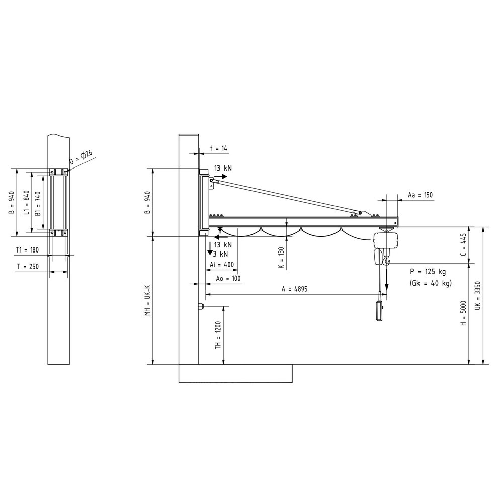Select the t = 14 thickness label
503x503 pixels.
click(x=218, y=149)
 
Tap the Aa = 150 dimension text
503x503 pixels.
click(x=420, y=194)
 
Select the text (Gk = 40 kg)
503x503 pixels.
click(x=431, y=283)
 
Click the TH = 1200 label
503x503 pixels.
click(x=218, y=335)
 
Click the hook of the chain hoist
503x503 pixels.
click(x=386, y=260)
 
